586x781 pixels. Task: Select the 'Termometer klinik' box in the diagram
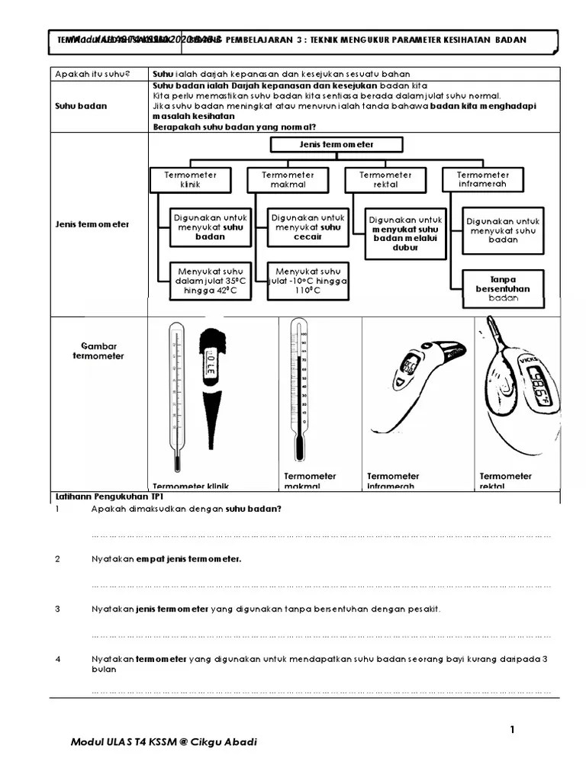(x=190, y=179)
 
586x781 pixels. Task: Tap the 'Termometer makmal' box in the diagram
(x=288, y=179)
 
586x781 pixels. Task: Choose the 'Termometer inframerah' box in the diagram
(x=483, y=179)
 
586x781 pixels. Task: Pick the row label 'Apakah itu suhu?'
(x=92, y=74)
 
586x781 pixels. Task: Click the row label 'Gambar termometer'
(x=98, y=351)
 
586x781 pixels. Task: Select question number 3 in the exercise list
(x=57, y=609)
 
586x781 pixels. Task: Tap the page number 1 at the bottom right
(x=513, y=730)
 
